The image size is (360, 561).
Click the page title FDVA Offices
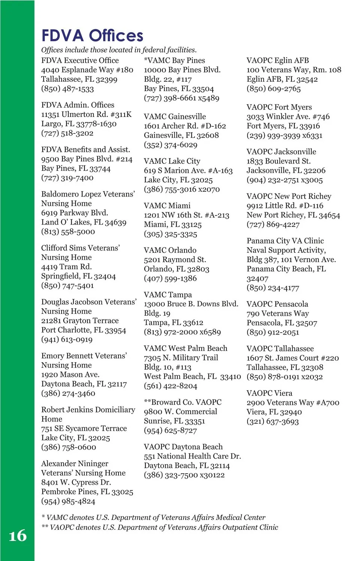pyautogui.click(x=92, y=36)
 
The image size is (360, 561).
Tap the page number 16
pyautogui.click(x=18, y=535)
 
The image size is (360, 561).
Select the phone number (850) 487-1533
pyautogui.click(x=67, y=89)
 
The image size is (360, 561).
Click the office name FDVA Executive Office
pyautogui.click(x=80, y=60)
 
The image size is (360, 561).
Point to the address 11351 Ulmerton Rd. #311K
pyautogui.click(x=86, y=114)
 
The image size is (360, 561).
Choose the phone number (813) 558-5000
pyautogui.click(x=68, y=232)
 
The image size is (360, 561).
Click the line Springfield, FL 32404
pyautogui.click(x=78, y=276)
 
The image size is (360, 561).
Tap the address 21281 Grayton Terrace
pyautogui.click(x=80, y=321)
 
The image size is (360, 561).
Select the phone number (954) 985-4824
pyautogui.click(x=68, y=501)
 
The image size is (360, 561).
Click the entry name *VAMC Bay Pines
pyautogui.click(x=174, y=60)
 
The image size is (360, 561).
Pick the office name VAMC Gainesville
pyautogui.click(x=175, y=117)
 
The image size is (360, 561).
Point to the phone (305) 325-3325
pyautogui.click(x=170, y=234)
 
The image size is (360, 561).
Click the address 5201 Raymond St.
pyautogui.click(x=175, y=259)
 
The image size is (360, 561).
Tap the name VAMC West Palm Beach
pyautogui.click(x=186, y=348)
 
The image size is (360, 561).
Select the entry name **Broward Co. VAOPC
pyautogui.click(x=183, y=402)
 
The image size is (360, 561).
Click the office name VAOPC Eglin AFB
pyautogui.click(x=277, y=60)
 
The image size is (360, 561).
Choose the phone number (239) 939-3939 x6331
pyautogui.click(x=284, y=136)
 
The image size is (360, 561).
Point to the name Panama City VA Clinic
pyautogui.click(x=285, y=241)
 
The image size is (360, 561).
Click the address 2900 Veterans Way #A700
pyautogui.click(x=293, y=403)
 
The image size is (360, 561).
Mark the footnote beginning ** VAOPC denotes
pyautogui.click(x=160, y=527)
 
